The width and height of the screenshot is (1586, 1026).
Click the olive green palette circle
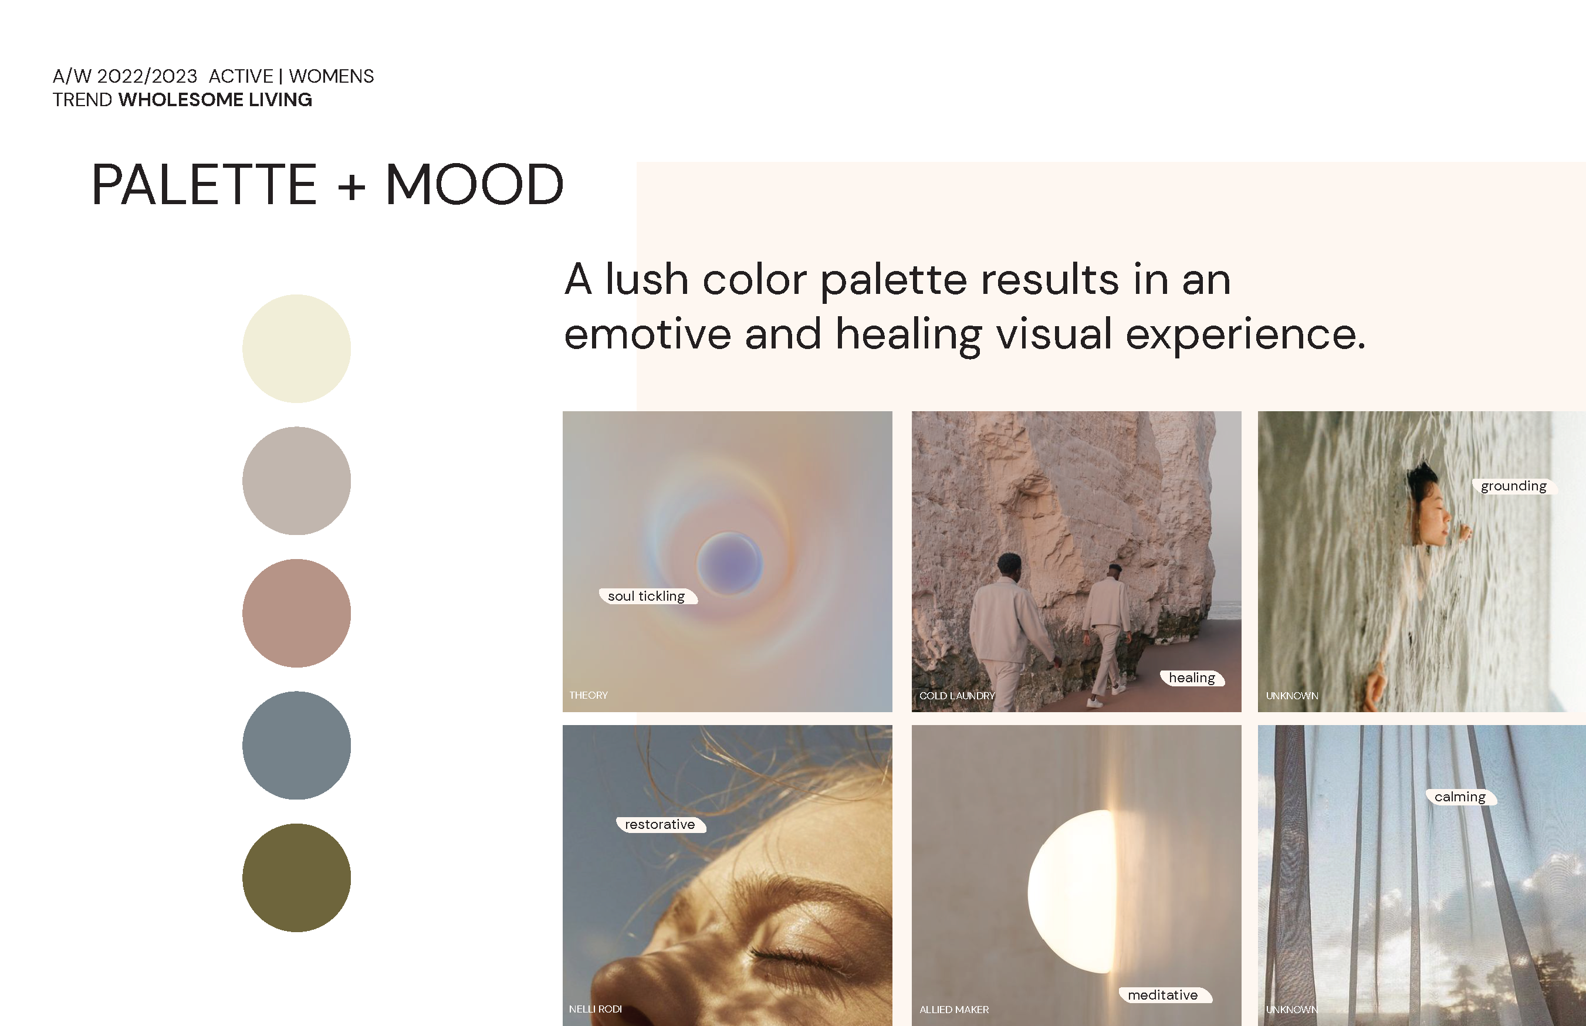coord(296,878)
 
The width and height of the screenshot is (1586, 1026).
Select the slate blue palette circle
coord(296,746)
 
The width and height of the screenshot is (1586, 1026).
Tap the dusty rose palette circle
coord(296,613)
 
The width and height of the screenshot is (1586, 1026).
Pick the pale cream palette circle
coord(296,348)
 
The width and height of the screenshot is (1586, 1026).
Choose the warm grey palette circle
coord(296,481)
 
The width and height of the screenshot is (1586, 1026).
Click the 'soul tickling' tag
coord(648,596)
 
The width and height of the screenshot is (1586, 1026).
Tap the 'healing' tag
coord(1192,678)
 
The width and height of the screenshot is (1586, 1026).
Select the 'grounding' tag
coord(1513,486)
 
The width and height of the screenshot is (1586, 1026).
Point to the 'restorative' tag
coord(660,825)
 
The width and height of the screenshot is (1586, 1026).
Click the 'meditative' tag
coord(1164,995)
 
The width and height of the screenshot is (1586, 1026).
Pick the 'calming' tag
coord(1460,797)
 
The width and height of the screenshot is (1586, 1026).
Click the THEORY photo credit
coord(589,695)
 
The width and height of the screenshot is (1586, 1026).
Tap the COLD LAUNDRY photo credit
coord(957,696)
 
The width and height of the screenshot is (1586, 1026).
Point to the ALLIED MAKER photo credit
coord(954,1010)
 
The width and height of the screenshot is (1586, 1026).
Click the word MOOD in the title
coord(475,185)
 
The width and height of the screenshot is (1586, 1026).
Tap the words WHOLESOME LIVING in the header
coord(215,100)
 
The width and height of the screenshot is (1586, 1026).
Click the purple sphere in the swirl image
coord(730,564)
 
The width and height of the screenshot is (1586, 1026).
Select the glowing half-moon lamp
coord(1071,892)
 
